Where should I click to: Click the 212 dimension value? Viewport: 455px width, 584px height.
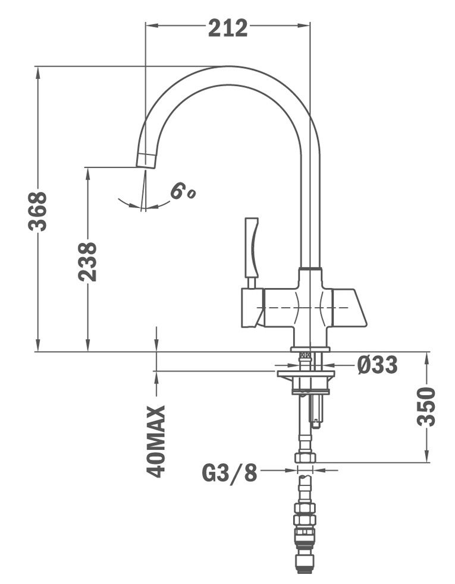(227, 28)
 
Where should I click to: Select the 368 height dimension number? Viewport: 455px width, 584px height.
(37, 211)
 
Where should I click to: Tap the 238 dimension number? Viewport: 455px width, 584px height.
(87, 261)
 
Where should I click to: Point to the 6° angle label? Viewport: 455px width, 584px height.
(183, 191)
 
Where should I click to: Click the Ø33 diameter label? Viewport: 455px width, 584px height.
(377, 365)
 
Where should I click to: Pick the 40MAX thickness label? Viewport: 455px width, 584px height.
(155, 442)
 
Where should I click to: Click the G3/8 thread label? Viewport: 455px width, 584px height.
(230, 473)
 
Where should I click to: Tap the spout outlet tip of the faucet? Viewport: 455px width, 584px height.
(146, 160)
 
